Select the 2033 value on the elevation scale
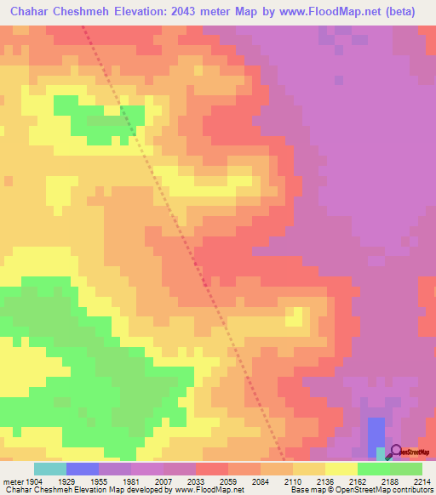195,481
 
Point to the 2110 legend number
292,481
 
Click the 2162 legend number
357,481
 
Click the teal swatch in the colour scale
50,469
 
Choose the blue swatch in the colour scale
83,469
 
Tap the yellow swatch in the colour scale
341,469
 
